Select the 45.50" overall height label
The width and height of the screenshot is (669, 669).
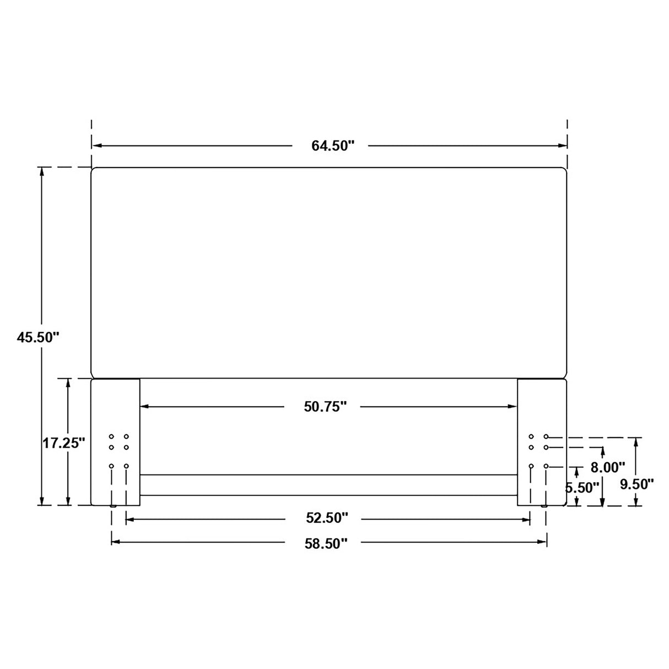(37, 338)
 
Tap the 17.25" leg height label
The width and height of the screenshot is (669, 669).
(64, 443)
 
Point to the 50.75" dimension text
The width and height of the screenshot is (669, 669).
(325, 407)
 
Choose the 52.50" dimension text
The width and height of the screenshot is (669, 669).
(327, 518)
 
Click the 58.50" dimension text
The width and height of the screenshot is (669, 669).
(326, 543)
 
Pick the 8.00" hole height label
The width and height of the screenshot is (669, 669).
(607, 468)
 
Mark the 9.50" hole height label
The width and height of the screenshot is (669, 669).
(636, 484)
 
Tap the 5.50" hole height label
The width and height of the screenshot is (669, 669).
(582, 488)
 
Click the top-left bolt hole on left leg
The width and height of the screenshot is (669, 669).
(111, 436)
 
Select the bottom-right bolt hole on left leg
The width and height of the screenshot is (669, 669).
(126, 466)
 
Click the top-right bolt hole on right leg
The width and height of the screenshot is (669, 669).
(546, 436)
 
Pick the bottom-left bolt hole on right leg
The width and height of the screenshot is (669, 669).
(531, 466)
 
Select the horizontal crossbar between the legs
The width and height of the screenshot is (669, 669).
(328, 485)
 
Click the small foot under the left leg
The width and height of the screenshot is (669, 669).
(114, 506)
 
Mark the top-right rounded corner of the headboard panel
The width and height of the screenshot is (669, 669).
(563, 171)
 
